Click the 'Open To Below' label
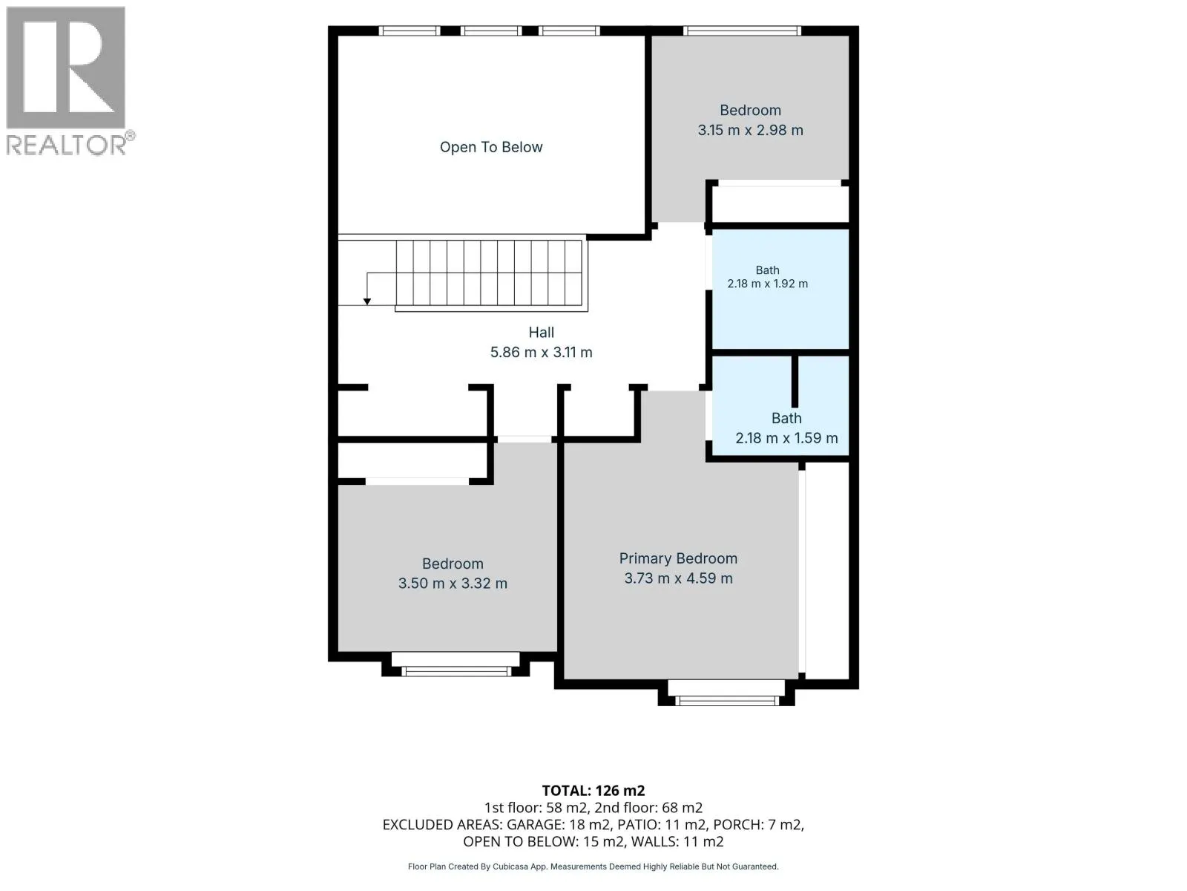[x=490, y=147]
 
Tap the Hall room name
[x=541, y=332]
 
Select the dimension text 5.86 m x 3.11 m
[x=541, y=352]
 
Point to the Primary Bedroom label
[x=677, y=558]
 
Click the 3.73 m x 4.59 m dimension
[x=677, y=578]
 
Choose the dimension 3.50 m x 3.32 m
[x=453, y=584]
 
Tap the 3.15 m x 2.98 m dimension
[x=750, y=131]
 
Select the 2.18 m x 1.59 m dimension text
[x=786, y=437]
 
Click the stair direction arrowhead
[x=367, y=301]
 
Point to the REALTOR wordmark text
[x=67, y=145]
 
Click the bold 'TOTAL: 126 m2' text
[x=593, y=790]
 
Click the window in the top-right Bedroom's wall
[x=742, y=31]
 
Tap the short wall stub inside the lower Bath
[x=795, y=382]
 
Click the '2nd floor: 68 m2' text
[x=648, y=808]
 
